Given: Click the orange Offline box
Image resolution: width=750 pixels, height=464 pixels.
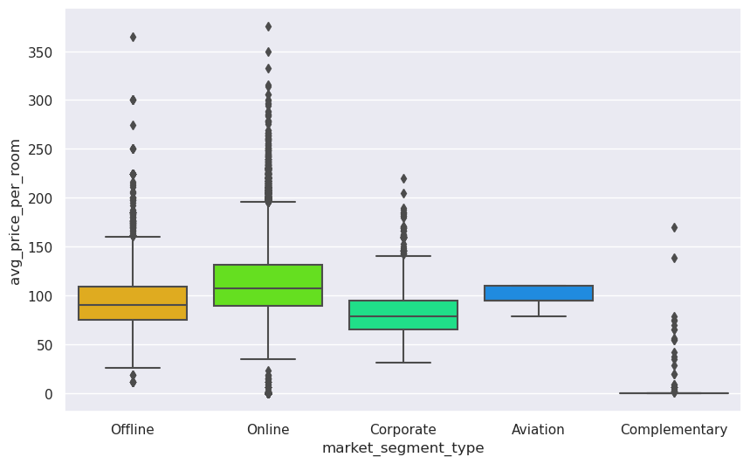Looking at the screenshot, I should [133, 303].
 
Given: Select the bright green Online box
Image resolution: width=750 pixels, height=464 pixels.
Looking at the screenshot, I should [268, 285].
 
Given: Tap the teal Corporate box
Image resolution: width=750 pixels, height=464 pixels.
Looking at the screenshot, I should [403, 315].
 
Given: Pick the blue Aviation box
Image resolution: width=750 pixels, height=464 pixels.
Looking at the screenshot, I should [539, 293].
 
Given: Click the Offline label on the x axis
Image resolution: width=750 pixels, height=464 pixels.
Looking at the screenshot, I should [133, 430].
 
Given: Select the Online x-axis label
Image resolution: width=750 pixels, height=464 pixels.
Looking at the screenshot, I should [268, 430].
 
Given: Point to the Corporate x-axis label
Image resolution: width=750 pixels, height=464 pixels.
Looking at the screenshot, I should [403, 430].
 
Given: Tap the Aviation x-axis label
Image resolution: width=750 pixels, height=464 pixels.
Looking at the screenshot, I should [539, 430].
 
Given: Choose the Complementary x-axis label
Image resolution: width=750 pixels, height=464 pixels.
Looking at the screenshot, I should [674, 430].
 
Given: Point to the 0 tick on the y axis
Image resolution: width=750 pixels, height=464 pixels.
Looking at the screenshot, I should [50, 394].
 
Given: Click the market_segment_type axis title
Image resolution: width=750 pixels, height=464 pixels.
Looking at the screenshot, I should [403, 448].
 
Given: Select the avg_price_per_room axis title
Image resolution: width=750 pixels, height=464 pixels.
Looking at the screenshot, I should [15, 211].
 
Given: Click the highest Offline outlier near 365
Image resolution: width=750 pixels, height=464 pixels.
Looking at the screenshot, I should [133, 37].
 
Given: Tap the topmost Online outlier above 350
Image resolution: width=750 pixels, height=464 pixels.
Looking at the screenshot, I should [268, 27].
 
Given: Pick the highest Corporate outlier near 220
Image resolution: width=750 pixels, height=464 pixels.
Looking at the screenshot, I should [403, 178].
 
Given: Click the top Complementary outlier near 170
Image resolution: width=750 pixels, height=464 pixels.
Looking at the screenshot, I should [674, 227].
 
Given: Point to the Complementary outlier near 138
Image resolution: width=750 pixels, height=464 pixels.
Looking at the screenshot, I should [674, 258].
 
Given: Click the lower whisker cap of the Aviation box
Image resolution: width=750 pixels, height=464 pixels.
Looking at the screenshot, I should [539, 316].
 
